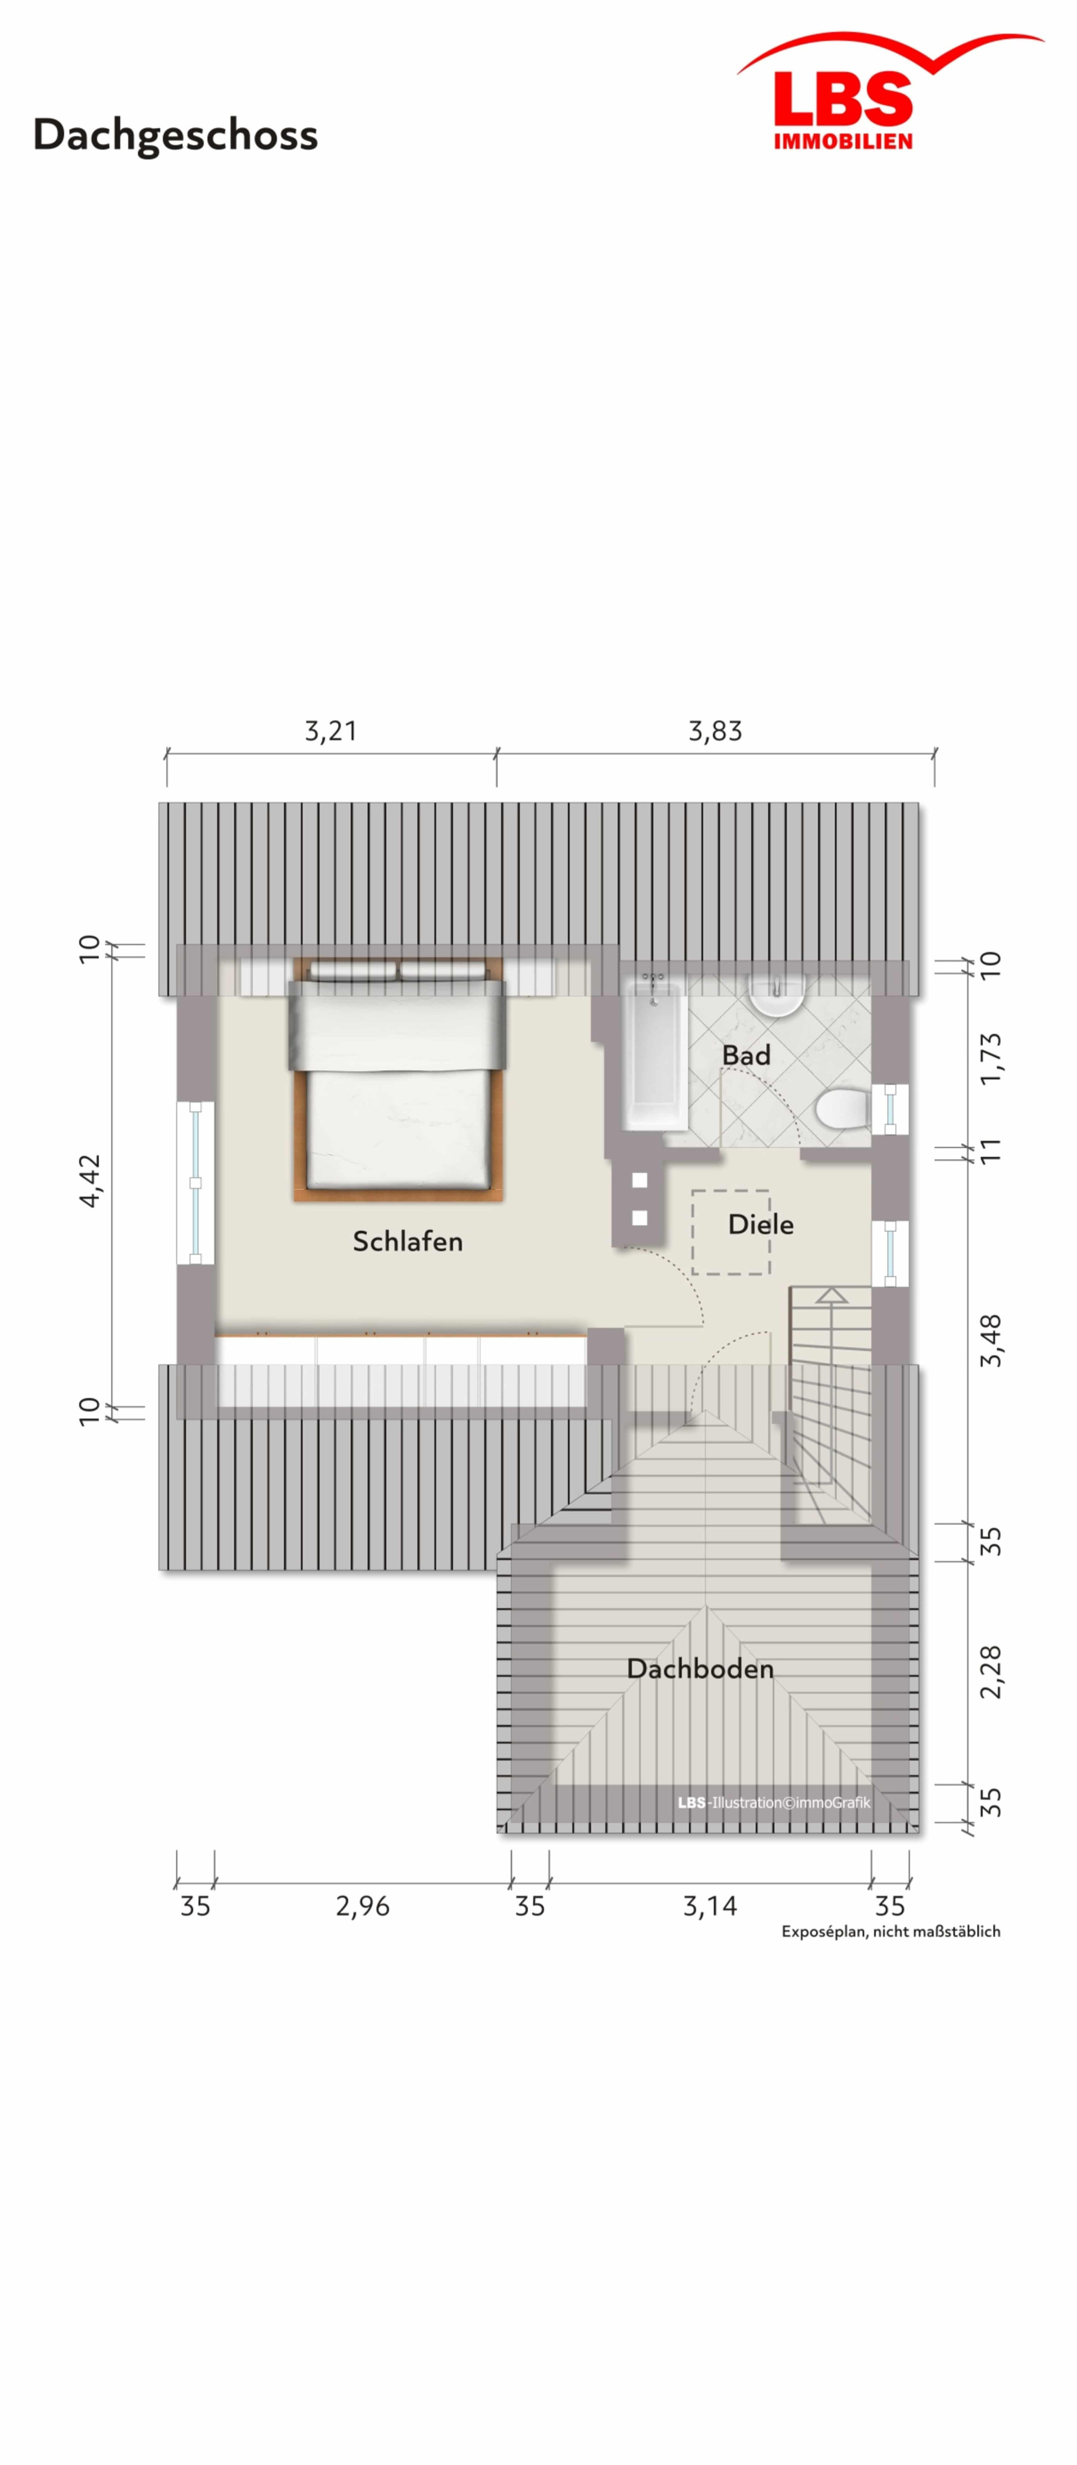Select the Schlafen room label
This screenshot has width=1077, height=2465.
point(408,1241)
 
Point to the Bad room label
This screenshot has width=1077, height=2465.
point(746,1056)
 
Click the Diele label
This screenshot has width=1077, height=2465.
point(760,1224)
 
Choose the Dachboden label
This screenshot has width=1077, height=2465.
point(700,1668)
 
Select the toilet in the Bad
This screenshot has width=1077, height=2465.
point(842,1108)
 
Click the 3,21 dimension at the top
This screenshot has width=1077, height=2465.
point(331,731)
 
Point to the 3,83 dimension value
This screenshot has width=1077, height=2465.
point(716,731)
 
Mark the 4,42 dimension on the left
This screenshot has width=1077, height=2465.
point(89,1181)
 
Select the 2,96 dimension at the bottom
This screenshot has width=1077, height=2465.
point(362,1906)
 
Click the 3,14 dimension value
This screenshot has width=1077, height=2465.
point(710,1906)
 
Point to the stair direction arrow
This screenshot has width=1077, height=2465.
point(831,1349)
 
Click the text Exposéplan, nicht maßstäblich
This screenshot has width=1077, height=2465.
point(891,1931)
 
